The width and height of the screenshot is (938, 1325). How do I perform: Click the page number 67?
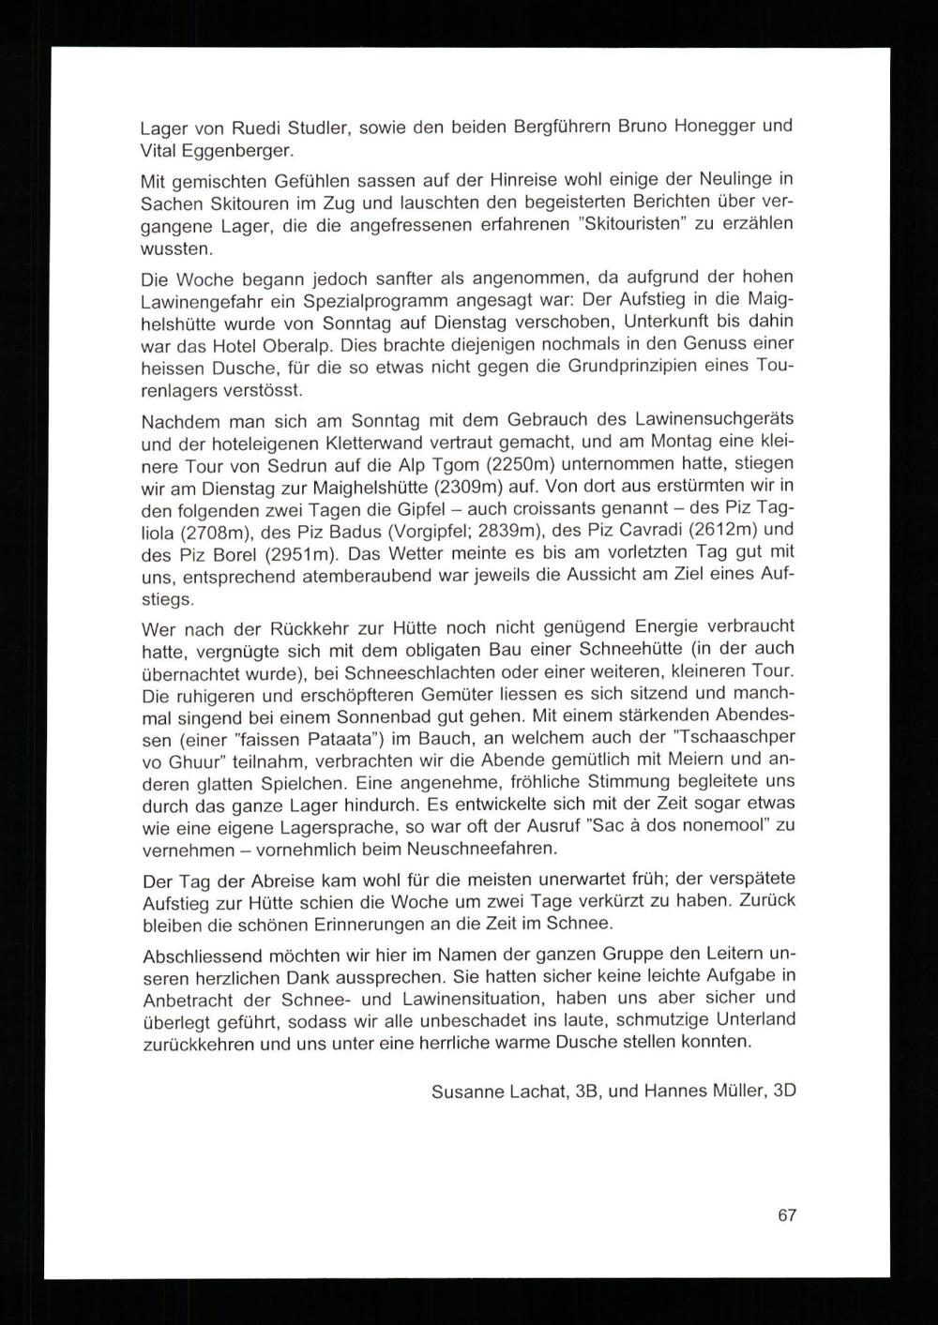click(787, 1215)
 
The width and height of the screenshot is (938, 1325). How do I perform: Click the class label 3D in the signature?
click(783, 1093)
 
